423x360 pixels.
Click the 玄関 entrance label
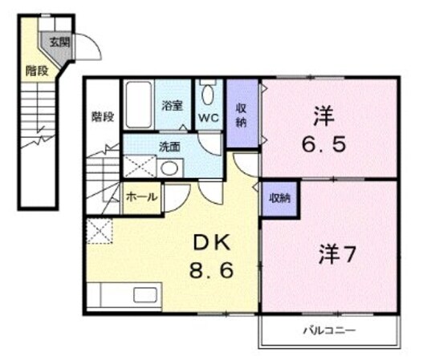[x=59, y=42]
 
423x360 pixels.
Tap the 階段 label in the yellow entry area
[x=37, y=71]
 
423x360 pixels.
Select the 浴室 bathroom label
[x=172, y=106]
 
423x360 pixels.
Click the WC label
[x=209, y=118]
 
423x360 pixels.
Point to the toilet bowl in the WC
[x=208, y=95]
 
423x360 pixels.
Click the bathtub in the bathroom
[x=138, y=104]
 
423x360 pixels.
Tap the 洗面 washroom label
[x=169, y=147]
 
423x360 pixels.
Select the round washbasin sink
[x=169, y=168]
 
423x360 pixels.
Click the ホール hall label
[x=141, y=197]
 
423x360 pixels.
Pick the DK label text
[x=211, y=243]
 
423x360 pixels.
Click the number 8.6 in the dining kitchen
[x=211, y=270]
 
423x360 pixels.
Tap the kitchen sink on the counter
[x=145, y=295]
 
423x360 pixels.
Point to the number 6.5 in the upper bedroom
[x=323, y=144]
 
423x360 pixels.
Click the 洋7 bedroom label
[x=336, y=254]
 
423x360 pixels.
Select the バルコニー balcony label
[x=329, y=330]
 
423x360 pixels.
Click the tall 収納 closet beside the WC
[x=242, y=113]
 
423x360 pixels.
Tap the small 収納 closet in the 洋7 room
[x=280, y=199]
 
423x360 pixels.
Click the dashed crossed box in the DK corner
[x=100, y=231]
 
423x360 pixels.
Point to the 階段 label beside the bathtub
[x=103, y=117]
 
